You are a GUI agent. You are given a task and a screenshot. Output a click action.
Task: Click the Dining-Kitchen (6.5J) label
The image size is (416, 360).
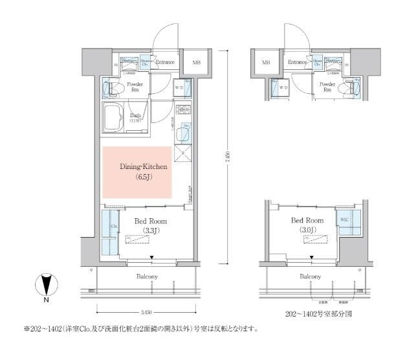coord(144,171)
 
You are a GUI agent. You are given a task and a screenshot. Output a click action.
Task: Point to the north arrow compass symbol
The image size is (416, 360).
coord(45,285)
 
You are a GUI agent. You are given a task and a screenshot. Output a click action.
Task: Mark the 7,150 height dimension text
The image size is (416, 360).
coord(227,159)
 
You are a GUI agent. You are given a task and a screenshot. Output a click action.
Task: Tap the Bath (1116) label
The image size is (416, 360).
coord(133,118)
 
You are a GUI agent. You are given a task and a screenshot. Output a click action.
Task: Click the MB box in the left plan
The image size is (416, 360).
coord(195,63)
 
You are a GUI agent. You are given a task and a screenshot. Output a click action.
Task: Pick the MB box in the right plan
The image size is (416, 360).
coord(265,63)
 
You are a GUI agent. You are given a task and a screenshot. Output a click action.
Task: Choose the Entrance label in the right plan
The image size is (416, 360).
coord(297,62)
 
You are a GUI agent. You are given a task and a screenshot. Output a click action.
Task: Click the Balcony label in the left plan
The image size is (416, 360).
coord(147,277)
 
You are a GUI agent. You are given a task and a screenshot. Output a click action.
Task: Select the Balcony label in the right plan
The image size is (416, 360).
coord(310,277)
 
